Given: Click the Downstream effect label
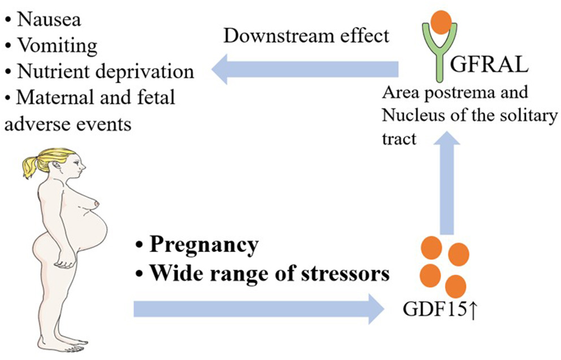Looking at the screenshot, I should coord(307,36).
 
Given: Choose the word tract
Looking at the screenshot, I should coord(400,138).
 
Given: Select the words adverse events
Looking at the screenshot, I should coord(68,123).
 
